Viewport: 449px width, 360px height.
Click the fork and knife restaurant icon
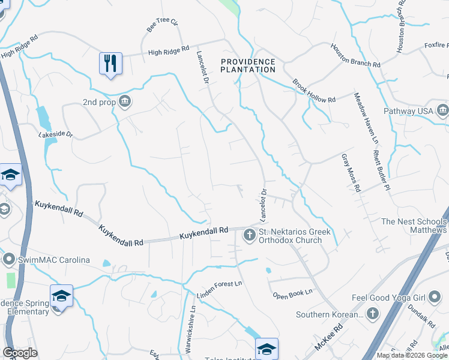pos(110,63)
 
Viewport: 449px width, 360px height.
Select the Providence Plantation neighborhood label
pos(248,66)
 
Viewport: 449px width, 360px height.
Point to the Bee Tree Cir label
pos(163,26)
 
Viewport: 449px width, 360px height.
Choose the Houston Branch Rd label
pos(356,55)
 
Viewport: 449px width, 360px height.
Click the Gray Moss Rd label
pos(351,173)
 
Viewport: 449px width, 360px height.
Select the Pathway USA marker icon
pos(443,110)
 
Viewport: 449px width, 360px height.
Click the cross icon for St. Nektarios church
pos(249,236)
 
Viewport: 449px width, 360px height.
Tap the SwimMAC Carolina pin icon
pos(9,260)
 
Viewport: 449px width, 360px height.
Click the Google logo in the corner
pos(20,353)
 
